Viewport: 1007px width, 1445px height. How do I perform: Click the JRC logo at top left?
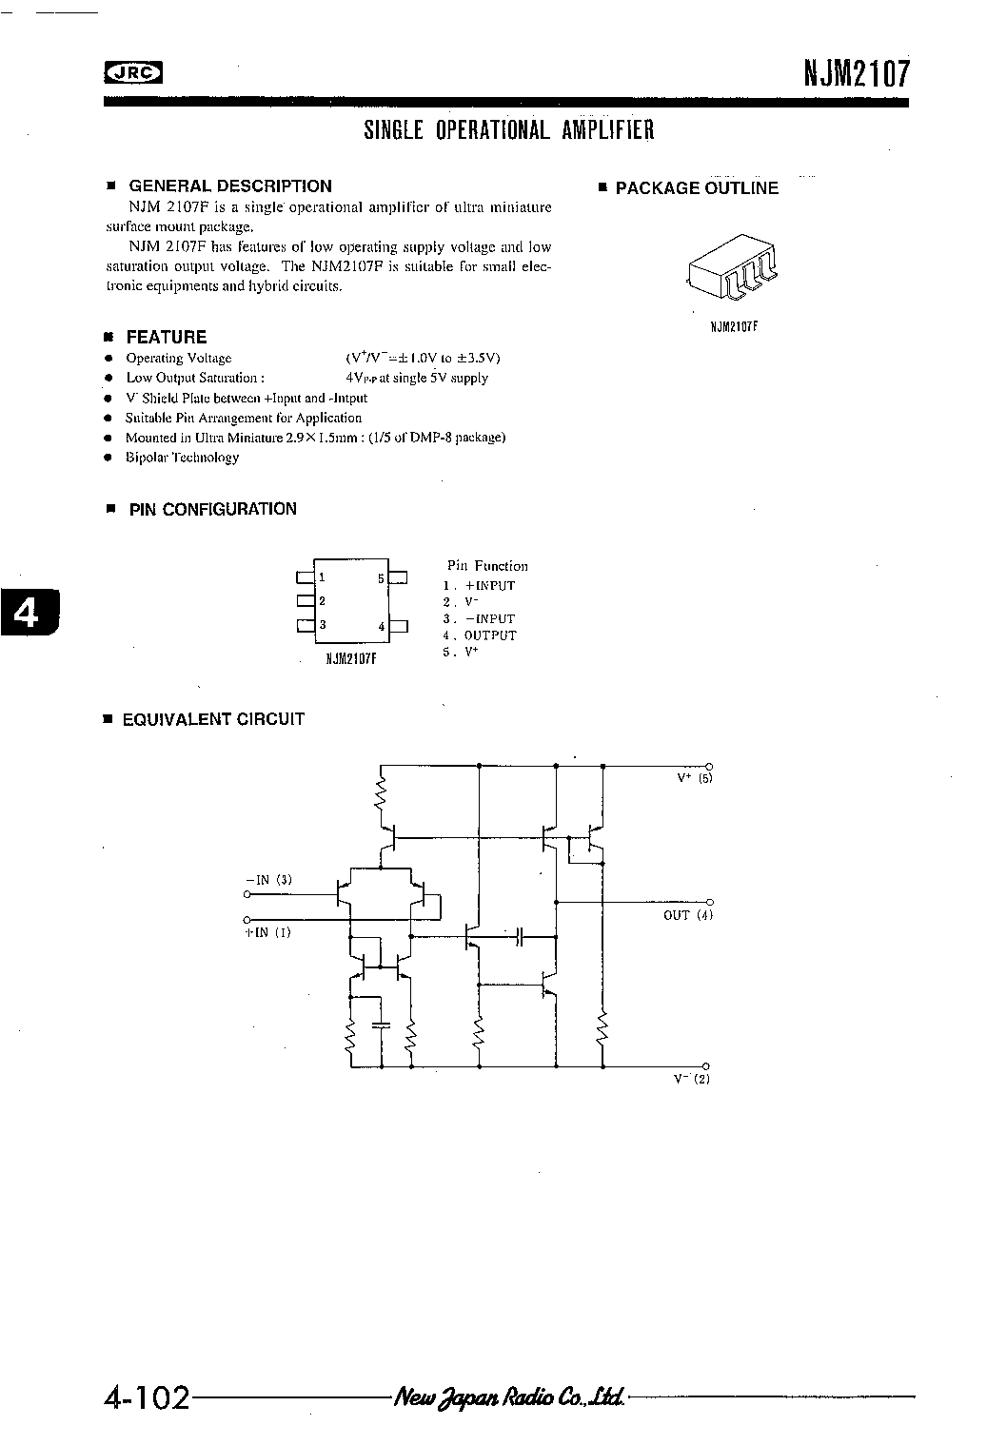pos(133,73)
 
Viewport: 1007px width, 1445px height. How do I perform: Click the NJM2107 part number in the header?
pos(857,73)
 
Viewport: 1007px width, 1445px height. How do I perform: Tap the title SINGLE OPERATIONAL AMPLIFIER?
pos(508,130)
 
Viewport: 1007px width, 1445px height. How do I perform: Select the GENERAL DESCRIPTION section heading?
pos(230,186)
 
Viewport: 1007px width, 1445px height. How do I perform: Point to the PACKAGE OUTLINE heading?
pos(697,187)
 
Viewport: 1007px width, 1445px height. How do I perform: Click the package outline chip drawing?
pos(732,266)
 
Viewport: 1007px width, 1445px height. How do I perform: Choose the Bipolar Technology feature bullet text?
pos(182,458)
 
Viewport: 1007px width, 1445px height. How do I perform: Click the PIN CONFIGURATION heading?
pos(212,509)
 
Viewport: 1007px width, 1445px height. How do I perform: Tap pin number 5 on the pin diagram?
pos(381,578)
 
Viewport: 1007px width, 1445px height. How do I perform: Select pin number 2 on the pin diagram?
pos(322,601)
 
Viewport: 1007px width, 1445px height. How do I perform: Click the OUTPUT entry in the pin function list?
pos(490,635)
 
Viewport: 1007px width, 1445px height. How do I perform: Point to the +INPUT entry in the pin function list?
pos(490,586)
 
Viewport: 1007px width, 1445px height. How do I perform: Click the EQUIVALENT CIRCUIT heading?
pos(213,719)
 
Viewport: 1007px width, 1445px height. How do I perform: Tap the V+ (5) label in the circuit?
pos(695,778)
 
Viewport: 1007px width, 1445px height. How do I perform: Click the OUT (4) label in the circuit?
pos(688,915)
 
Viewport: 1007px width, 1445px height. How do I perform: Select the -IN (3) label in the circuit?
pos(268,880)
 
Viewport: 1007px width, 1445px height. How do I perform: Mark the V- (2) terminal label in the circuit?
pos(691,1079)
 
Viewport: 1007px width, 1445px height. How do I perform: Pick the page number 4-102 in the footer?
pos(147,1397)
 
